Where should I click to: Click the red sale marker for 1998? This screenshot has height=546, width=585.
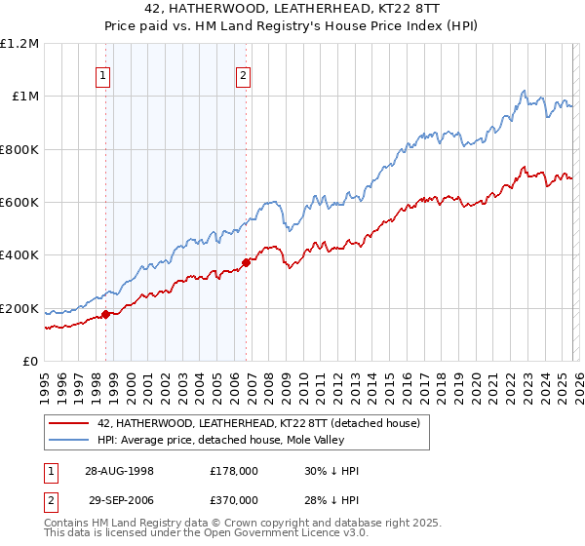click(106, 314)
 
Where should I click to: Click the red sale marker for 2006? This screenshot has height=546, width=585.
click(247, 262)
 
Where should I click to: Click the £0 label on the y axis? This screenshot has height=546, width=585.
click(30, 362)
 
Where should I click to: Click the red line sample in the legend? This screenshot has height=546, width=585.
click(68, 423)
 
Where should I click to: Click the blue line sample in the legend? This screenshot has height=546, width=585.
click(68, 440)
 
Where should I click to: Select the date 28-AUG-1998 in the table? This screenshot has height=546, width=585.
click(116, 470)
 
